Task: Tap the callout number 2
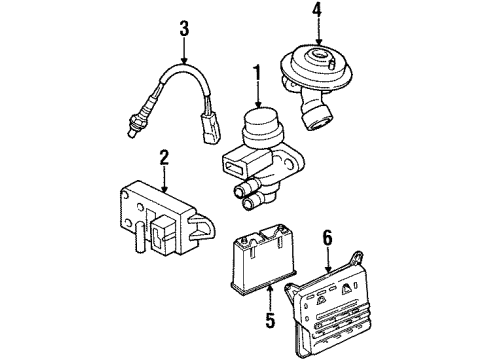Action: [x=164, y=158]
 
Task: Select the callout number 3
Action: [x=184, y=28]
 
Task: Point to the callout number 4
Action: [x=317, y=11]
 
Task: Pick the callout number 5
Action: [x=270, y=319]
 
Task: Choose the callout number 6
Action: [x=328, y=239]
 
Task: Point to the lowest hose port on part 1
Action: [x=252, y=203]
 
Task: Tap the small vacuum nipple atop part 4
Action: [x=332, y=63]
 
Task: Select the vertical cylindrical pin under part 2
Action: [x=139, y=237]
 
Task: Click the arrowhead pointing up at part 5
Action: [x=270, y=288]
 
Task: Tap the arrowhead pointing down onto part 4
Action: [x=318, y=42]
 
